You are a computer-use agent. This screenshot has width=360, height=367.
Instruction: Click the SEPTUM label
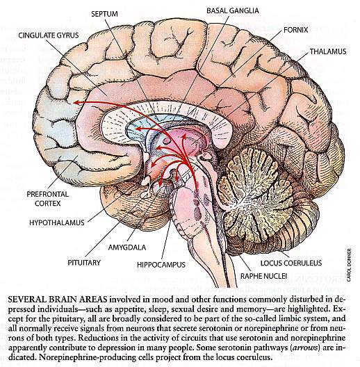click(x=104, y=14)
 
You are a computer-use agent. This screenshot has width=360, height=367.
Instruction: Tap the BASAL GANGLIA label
click(x=233, y=10)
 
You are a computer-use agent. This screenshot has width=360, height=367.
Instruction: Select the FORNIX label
click(x=295, y=30)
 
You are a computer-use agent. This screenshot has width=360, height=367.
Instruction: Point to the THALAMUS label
click(x=328, y=51)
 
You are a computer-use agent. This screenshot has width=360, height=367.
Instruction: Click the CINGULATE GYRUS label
click(x=49, y=35)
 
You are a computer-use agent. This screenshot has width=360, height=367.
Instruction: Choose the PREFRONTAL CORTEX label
click(x=47, y=199)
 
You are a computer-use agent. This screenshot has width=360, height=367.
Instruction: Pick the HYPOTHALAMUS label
click(x=57, y=222)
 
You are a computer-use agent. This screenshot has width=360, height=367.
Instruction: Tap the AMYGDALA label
click(x=127, y=247)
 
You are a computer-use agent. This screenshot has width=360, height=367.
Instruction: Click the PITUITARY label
click(x=84, y=263)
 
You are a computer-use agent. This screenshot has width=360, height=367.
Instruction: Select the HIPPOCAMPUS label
click(x=161, y=265)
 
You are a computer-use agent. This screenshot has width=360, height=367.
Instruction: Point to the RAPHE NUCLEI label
click(x=263, y=276)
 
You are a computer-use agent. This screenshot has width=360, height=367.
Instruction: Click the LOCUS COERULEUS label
click(x=291, y=263)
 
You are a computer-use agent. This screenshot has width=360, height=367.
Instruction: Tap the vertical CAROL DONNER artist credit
click(x=349, y=265)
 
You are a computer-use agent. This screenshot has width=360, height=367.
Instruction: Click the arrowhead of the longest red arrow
click(x=74, y=102)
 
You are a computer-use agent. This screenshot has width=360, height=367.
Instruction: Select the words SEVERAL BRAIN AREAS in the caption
click(x=58, y=299)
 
